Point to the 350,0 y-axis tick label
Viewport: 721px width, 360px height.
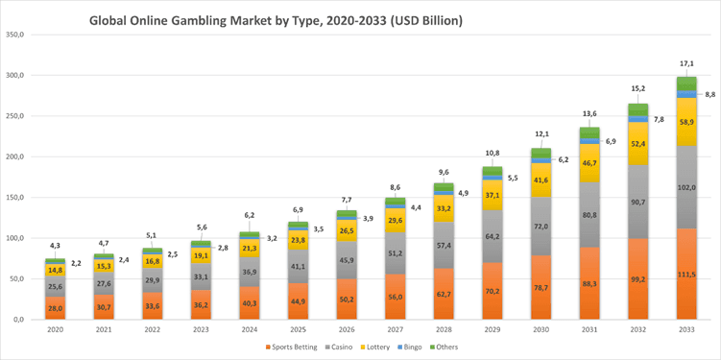click(x=16, y=35)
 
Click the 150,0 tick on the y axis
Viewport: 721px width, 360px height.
click(x=16, y=198)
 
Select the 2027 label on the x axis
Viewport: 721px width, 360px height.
click(x=395, y=329)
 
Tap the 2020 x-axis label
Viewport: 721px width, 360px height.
click(x=55, y=329)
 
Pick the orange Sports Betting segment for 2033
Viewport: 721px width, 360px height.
click(x=686, y=274)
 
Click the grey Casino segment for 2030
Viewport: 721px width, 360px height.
click(x=541, y=227)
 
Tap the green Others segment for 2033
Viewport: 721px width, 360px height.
click(x=686, y=84)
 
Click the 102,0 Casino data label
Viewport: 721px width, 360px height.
click(x=686, y=187)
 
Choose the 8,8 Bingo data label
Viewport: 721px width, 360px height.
click(x=709, y=94)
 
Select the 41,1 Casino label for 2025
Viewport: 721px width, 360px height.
click(x=298, y=266)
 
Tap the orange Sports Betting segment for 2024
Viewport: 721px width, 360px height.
click(x=250, y=303)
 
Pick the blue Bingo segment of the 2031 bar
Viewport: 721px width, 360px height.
click(x=589, y=141)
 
